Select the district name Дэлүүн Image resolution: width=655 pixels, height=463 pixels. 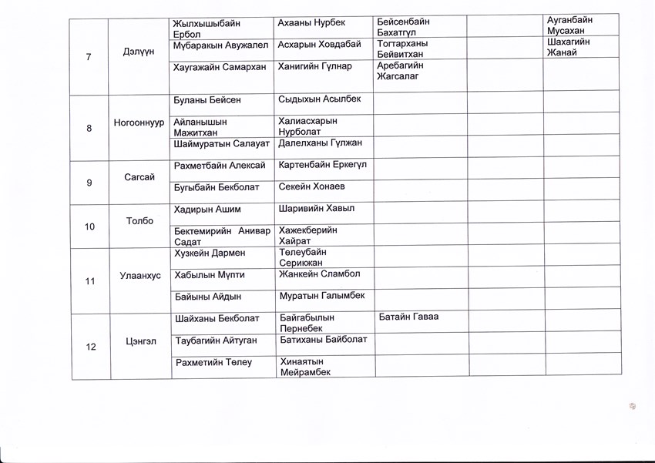139,51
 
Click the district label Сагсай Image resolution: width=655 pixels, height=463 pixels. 139,177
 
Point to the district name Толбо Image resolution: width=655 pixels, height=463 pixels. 139,220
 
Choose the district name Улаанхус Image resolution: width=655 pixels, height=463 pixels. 139,275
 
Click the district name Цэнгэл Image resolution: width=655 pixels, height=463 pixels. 139,341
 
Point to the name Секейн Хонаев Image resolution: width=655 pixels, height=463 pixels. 312,187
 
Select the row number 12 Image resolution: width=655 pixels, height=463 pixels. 91,347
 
